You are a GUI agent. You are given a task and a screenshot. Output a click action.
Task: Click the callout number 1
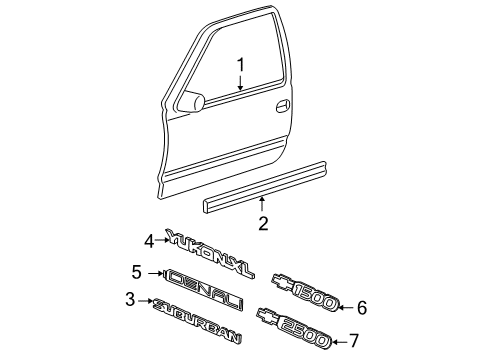click(x=240, y=66)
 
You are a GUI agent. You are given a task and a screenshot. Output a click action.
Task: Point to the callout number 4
click(x=149, y=240)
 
